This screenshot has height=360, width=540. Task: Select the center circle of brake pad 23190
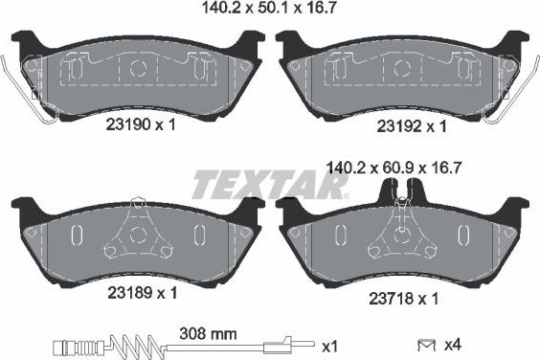136,69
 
